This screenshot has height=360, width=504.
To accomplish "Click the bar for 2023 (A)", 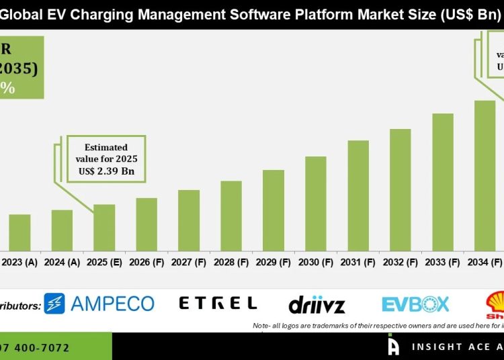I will point(19,232).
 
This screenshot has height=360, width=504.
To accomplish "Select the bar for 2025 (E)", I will point(104,228).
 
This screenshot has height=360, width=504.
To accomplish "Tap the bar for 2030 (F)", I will point(316,204).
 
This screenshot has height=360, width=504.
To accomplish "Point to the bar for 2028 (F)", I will point(231,216).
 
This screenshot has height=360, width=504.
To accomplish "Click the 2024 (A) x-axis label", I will point(62,263).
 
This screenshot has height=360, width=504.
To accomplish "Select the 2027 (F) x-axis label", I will point(189,263).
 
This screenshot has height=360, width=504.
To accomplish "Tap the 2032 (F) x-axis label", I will point(401,263).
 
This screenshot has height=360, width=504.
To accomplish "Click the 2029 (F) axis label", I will point(274,263).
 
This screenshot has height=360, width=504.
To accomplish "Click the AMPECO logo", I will point(99,304).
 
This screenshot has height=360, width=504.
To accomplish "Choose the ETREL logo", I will point(218,304).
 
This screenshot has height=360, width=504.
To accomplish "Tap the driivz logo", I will point(317,305).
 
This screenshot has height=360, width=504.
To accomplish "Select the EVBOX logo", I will point(415,304).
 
